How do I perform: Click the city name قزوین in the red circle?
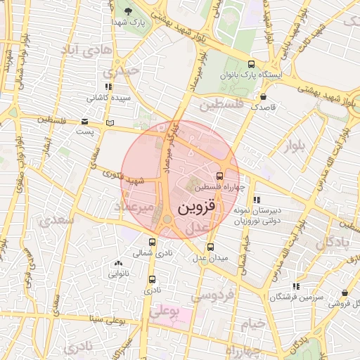tap(200, 208)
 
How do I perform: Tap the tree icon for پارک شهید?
tap(127, 12)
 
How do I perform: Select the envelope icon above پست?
tap(85, 121)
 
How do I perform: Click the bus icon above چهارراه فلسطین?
tap(219, 176)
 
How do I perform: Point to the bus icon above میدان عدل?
tap(210, 247)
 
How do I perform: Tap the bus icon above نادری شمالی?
tap(152, 242)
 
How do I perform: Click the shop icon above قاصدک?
tap(264, 96)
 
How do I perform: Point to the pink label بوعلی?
tap(167, 309)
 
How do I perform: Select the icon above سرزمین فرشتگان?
tap(295, 286)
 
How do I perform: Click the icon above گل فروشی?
tap(345, 292)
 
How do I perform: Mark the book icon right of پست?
tap(109, 123)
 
